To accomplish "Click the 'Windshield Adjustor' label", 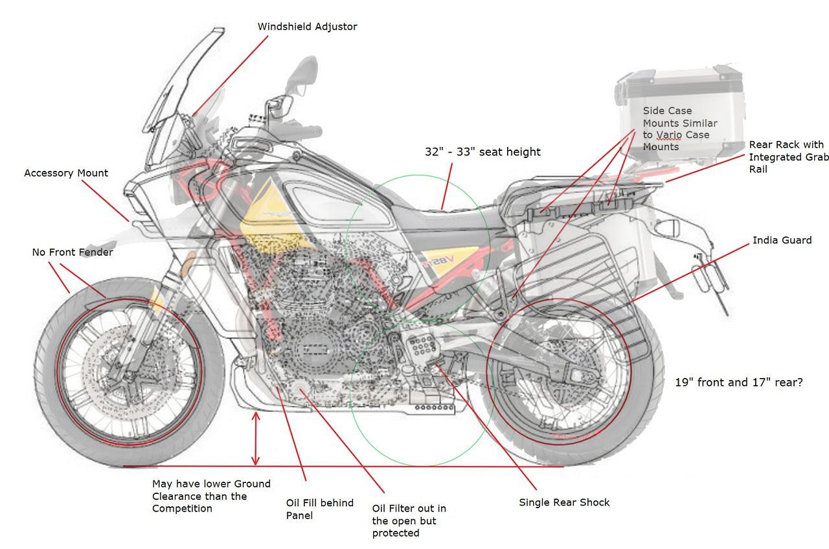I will click(x=307, y=27).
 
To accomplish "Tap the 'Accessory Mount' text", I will click(x=66, y=174).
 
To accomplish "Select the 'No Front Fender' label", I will click(x=73, y=252).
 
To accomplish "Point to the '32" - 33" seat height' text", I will click(x=483, y=152).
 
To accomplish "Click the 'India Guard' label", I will click(x=782, y=240).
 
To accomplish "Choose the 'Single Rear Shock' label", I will click(x=564, y=502).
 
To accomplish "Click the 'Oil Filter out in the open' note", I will click(x=409, y=521).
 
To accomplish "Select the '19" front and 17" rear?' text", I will click(x=739, y=383).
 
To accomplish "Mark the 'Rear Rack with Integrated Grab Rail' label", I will click(x=786, y=157).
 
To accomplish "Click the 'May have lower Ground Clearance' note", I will click(x=211, y=496).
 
